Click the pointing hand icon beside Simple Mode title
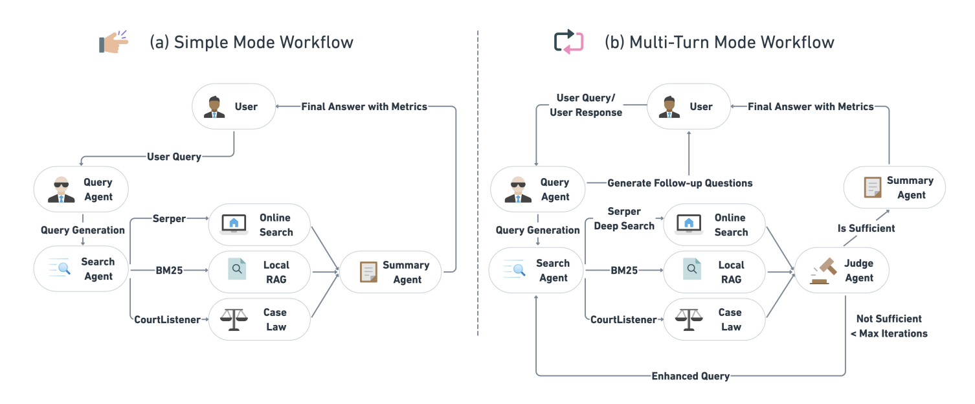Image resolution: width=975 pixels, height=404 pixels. pos(114,42)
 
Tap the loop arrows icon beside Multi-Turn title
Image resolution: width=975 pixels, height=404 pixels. pos(568,41)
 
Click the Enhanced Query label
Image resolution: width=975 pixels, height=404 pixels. pos(690,376)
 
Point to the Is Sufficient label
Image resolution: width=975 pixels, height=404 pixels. pos(866,228)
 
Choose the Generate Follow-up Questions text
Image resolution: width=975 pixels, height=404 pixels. pos(680,183)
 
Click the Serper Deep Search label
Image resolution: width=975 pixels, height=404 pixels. pos(624,219)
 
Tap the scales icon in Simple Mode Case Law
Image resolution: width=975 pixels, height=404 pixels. pos(234,319)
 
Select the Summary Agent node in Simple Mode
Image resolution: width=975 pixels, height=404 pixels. pos(391,273)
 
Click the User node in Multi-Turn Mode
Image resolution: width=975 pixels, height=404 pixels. pos(688,107)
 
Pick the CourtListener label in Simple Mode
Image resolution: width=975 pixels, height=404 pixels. pos(167,319)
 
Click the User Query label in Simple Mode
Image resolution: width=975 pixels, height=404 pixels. pos(174,156)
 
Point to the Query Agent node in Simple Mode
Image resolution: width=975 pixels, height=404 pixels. pos(82,190)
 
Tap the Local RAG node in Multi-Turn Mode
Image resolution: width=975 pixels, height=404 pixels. pos(715,273)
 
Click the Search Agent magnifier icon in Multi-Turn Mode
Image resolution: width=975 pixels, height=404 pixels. pos(515,271)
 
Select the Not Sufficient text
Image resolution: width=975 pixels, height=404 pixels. pos(889,319)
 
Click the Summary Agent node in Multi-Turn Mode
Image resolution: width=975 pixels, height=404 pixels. pos(895,188)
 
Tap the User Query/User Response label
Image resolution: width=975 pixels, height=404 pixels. pos(586,106)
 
